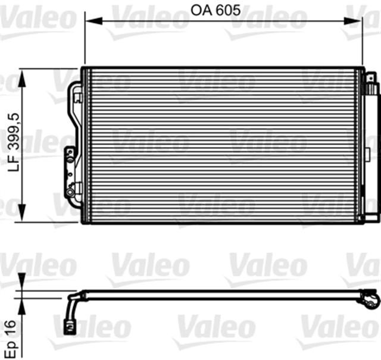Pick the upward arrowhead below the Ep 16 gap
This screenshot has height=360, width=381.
click(23, 305)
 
